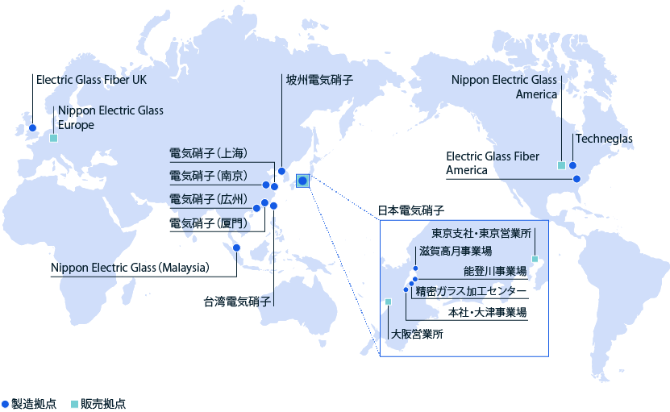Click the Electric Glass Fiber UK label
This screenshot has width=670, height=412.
(91, 80)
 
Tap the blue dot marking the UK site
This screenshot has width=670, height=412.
(32, 128)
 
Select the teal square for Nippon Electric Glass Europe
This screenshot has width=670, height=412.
(54, 138)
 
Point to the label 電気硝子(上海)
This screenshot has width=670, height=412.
(207, 153)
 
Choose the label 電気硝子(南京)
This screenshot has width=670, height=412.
(207, 176)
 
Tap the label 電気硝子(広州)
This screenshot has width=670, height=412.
(207, 199)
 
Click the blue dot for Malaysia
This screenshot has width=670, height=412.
(237, 248)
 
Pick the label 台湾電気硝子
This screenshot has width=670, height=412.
(236, 303)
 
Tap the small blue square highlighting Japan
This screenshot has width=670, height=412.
(302, 181)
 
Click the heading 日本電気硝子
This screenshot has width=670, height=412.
(411, 211)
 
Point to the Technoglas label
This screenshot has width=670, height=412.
(604, 139)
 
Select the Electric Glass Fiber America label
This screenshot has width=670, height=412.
(493, 163)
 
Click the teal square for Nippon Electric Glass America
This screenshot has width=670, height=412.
(561, 165)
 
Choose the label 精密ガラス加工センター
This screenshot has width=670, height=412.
(471, 290)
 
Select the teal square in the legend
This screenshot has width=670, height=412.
(74, 403)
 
